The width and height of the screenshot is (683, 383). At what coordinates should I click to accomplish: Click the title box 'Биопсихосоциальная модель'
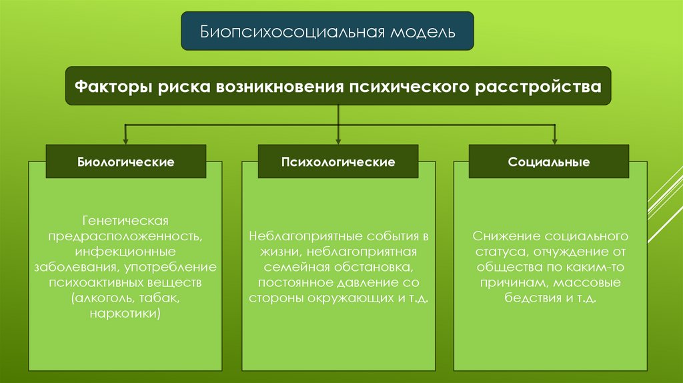click(327, 31)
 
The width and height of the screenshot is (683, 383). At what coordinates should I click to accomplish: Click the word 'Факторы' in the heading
click(111, 87)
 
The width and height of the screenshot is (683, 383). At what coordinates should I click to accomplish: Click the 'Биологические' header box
click(126, 161)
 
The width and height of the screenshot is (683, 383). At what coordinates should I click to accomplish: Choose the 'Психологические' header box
click(338, 161)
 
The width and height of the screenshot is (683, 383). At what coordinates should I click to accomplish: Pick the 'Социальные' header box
click(549, 161)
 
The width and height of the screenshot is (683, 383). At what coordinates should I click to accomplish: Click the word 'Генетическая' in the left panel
click(126, 220)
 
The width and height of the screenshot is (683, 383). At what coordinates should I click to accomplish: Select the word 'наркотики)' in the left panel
click(126, 312)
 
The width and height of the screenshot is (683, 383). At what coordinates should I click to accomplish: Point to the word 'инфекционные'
click(126, 252)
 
